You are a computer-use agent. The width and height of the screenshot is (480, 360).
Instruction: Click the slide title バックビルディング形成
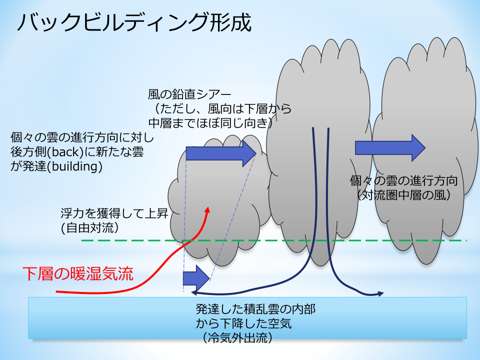tap(133, 23)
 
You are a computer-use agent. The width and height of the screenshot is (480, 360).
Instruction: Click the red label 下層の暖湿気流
tap(78, 273)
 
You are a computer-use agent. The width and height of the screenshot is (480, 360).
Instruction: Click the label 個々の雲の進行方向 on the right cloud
tap(404, 180)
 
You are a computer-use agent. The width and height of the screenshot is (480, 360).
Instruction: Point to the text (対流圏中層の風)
tap(404, 194)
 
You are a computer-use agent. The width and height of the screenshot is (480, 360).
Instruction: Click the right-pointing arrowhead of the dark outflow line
tap(381, 293)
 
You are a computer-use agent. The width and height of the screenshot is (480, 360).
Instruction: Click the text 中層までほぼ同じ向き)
tap(210, 122)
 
